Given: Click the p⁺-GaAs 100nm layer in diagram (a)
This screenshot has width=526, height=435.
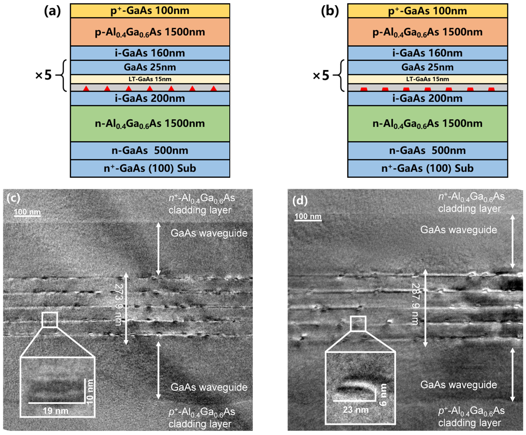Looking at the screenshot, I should click(150, 11).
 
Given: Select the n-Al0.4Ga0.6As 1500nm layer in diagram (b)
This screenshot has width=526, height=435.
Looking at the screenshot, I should click(427, 124).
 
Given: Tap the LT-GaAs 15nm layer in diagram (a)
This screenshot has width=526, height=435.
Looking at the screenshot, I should click(150, 79).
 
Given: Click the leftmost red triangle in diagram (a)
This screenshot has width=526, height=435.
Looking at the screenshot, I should click(86, 88).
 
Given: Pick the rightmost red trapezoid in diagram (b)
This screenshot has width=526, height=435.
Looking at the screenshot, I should click(491, 89).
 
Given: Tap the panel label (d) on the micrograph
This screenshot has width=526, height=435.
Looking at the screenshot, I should click(300, 200).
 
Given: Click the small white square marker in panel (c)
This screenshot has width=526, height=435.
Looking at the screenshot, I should click(50, 320).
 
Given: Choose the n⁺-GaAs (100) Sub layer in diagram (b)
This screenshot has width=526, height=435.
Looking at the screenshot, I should click(427, 168).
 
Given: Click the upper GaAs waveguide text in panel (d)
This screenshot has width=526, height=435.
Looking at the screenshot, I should click(458, 230).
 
